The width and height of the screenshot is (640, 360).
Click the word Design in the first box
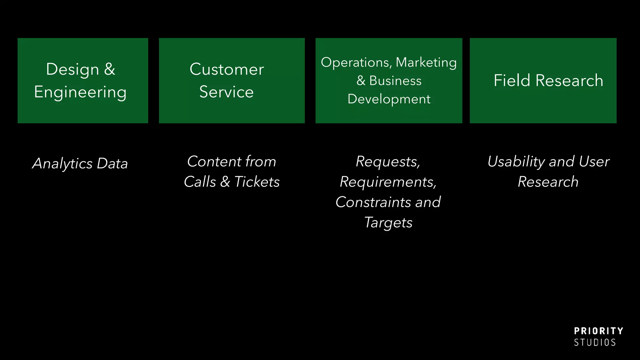[72, 69]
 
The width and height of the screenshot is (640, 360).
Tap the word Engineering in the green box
[80, 92]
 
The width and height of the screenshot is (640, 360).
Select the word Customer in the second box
[227, 69]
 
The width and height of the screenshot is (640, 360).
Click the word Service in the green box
[226, 92]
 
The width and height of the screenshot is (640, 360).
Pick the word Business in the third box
[395, 81]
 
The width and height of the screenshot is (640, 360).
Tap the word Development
[389, 99]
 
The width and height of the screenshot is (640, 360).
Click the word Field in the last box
[512, 81]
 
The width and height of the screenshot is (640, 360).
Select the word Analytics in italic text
[62, 163]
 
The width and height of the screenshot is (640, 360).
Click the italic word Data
[112, 163]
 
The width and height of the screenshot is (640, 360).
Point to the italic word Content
[214, 162]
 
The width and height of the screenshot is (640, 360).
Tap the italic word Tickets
[257, 182]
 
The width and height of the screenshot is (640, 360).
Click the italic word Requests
[388, 162]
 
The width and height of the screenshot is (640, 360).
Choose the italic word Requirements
[388, 182]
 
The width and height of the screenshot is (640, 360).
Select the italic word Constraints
[374, 202]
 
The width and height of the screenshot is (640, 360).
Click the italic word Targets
[388, 222]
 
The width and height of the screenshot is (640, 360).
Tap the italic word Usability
[516, 162]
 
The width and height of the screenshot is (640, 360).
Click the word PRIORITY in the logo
[598, 331]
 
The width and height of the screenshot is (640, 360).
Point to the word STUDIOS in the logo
[595, 342]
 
